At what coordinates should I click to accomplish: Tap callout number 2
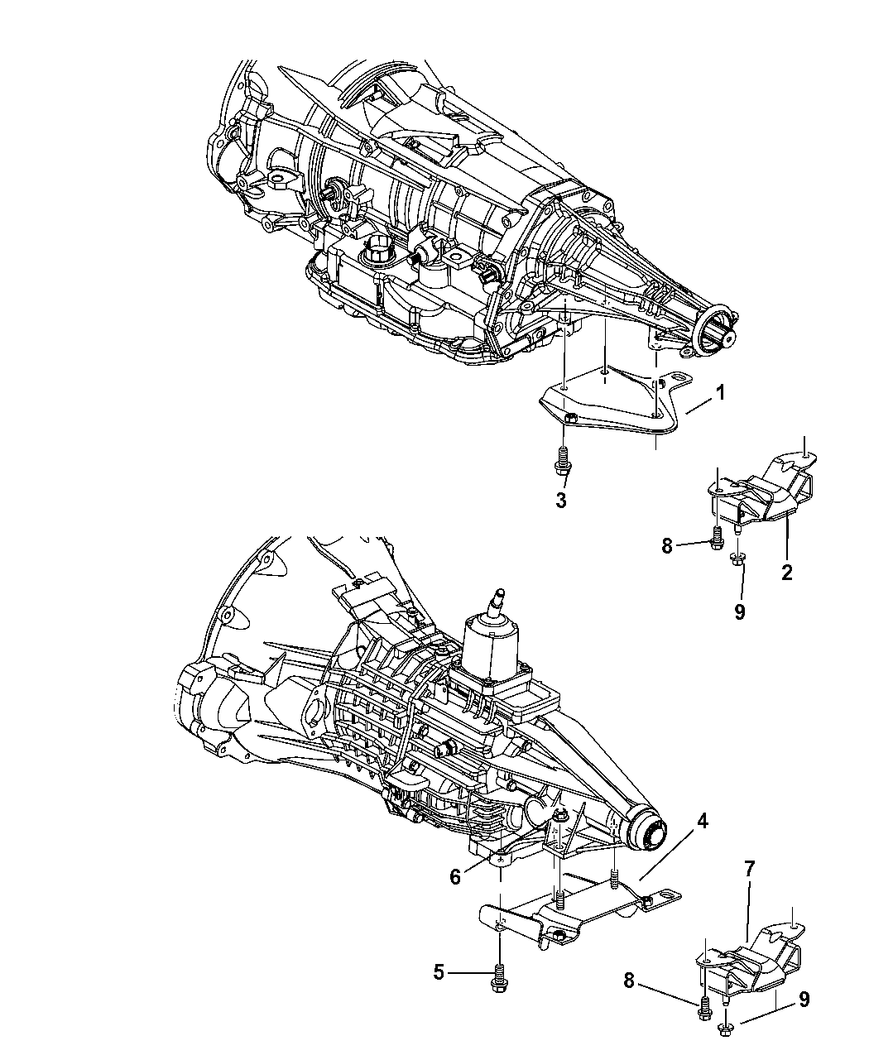pos(786,572)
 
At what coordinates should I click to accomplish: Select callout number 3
pos(561,501)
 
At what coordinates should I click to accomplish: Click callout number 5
pos(439,974)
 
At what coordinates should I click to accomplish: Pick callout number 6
pos(455,875)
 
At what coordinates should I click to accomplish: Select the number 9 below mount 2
pos(740,611)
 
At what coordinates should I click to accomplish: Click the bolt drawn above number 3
pos(562,459)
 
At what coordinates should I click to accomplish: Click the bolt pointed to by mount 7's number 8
pos(704,1008)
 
